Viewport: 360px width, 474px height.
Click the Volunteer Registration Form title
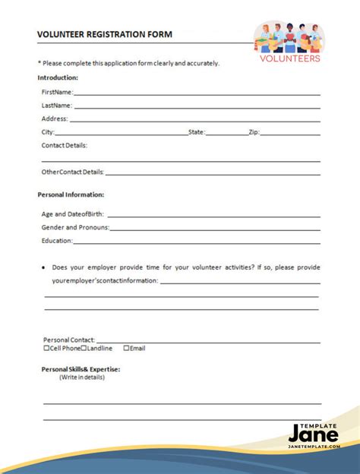(x=105, y=34)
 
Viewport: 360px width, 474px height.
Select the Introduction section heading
(x=58, y=77)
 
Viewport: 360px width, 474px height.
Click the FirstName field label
(x=58, y=92)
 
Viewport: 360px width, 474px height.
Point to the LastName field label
(x=57, y=106)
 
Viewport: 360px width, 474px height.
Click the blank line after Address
(x=194, y=119)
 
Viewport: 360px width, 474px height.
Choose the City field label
(x=48, y=132)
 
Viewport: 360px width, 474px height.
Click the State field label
(x=197, y=132)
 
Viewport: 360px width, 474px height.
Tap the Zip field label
(x=254, y=132)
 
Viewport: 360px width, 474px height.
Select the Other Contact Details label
(x=73, y=172)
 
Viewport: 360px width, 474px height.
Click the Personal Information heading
(x=71, y=194)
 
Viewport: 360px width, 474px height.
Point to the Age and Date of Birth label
(x=74, y=214)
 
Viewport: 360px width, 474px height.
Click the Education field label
(x=57, y=241)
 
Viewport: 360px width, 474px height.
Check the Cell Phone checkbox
(x=47, y=349)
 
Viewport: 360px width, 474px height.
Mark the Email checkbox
(x=126, y=349)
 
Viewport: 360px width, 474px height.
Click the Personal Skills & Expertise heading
(x=81, y=369)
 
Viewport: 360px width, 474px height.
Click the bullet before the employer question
(x=44, y=267)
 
